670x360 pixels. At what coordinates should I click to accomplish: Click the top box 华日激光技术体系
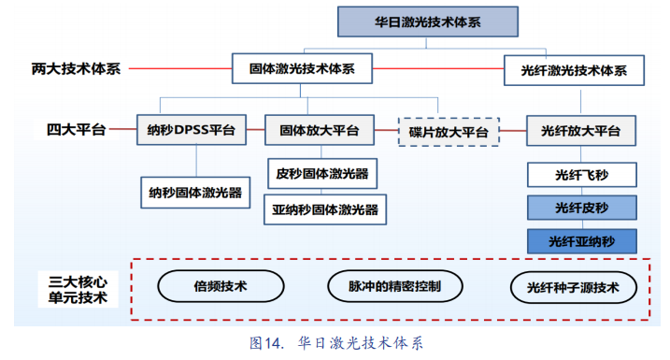pyautogui.click(x=428, y=22)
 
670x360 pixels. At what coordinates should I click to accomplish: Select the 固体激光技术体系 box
pyautogui.click(x=302, y=68)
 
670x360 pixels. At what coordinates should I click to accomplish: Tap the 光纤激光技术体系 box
pyautogui.click(x=574, y=70)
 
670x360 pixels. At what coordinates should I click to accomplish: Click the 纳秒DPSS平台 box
pyautogui.click(x=192, y=130)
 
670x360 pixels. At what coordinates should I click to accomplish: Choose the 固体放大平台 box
pyautogui.click(x=320, y=130)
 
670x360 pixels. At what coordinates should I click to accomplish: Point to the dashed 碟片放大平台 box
pyautogui.click(x=449, y=132)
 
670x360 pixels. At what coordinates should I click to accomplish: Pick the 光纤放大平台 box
pyautogui.click(x=581, y=131)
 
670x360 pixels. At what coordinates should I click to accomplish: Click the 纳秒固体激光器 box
pyautogui.click(x=195, y=193)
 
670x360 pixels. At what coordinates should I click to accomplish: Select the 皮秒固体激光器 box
pyautogui.click(x=322, y=174)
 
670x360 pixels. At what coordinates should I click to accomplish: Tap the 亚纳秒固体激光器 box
pyautogui.click(x=325, y=209)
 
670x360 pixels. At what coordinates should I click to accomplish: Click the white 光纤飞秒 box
pyautogui.click(x=582, y=175)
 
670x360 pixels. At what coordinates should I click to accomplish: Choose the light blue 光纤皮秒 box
pyautogui.click(x=582, y=208)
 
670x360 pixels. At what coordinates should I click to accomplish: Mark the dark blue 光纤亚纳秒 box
pyautogui.click(x=582, y=241)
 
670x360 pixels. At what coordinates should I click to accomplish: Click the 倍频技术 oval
pyautogui.click(x=221, y=286)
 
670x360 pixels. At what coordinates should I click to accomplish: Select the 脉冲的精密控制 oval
pyautogui.click(x=395, y=286)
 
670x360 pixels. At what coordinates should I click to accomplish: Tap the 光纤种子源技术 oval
pyautogui.click(x=574, y=287)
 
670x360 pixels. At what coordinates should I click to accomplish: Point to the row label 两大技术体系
pyautogui.click(x=76, y=69)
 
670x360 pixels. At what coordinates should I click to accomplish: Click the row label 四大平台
pyautogui.click(x=76, y=130)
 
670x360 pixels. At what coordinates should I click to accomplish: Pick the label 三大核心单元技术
pyautogui.click(x=78, y=290)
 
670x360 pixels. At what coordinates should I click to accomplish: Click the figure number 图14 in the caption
pyautogui.click(x=266, y=343)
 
